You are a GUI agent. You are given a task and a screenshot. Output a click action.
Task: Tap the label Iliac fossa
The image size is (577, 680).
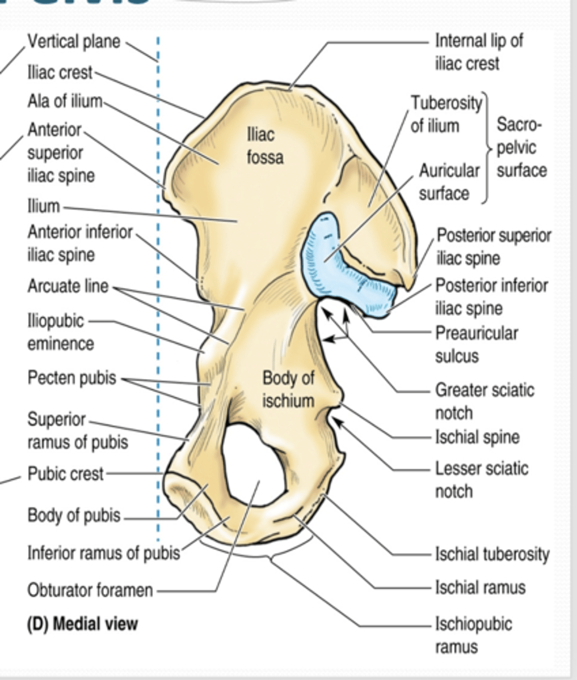pyautogui.click(x=264, y=146)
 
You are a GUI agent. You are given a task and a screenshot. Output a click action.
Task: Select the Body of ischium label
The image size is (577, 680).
pyautogui.click(x=288, y=389)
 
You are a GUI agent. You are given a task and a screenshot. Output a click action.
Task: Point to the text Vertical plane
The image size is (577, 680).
pyautogui.click(x=74, y=41)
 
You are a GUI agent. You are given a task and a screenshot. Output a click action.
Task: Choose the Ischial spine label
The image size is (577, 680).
pyautogui.click(x=477, y=437)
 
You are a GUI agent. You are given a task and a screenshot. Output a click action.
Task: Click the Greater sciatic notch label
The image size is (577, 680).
pyautogui.click(x=484, y=401)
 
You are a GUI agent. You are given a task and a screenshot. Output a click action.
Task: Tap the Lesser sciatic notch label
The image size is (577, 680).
pyautogui.click(x=481, y=479)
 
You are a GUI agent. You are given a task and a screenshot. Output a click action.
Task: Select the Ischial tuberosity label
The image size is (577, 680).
pyautogui.click(x=492, y=554)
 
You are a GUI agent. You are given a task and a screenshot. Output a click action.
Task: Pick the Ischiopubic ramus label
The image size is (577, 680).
pyautogui.click(x=473, y=635)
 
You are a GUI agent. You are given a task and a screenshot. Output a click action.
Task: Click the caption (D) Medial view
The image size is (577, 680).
pyautogui.click(x=82, y=624)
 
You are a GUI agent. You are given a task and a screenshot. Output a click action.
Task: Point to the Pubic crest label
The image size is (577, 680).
pyautogui.click(x=65, y=473)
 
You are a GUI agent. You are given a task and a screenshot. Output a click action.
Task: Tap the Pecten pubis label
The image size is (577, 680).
pyautogui.click(x=71, y=378)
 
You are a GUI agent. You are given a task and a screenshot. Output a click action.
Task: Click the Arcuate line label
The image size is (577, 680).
pyautogui.click(x=68, y=286)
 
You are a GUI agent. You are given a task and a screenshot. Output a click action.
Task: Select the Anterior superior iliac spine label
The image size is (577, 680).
pyautogui.click(x=61, y=153)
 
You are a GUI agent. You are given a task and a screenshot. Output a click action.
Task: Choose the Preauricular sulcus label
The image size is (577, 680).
pyautogui.click(x=476, y=344)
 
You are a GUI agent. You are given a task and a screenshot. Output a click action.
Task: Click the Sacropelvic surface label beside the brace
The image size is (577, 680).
pyautogui.click(x=521, y=147)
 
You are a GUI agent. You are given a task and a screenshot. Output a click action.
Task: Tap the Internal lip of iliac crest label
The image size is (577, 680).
pyautogui.click(x=478, y=52)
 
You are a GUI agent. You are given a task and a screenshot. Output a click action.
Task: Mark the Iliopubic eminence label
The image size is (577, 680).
pyautogui.click(x=60, y=332)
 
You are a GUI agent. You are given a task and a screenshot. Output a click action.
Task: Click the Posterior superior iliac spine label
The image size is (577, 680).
pyautogui.click(x=493, y=246)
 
